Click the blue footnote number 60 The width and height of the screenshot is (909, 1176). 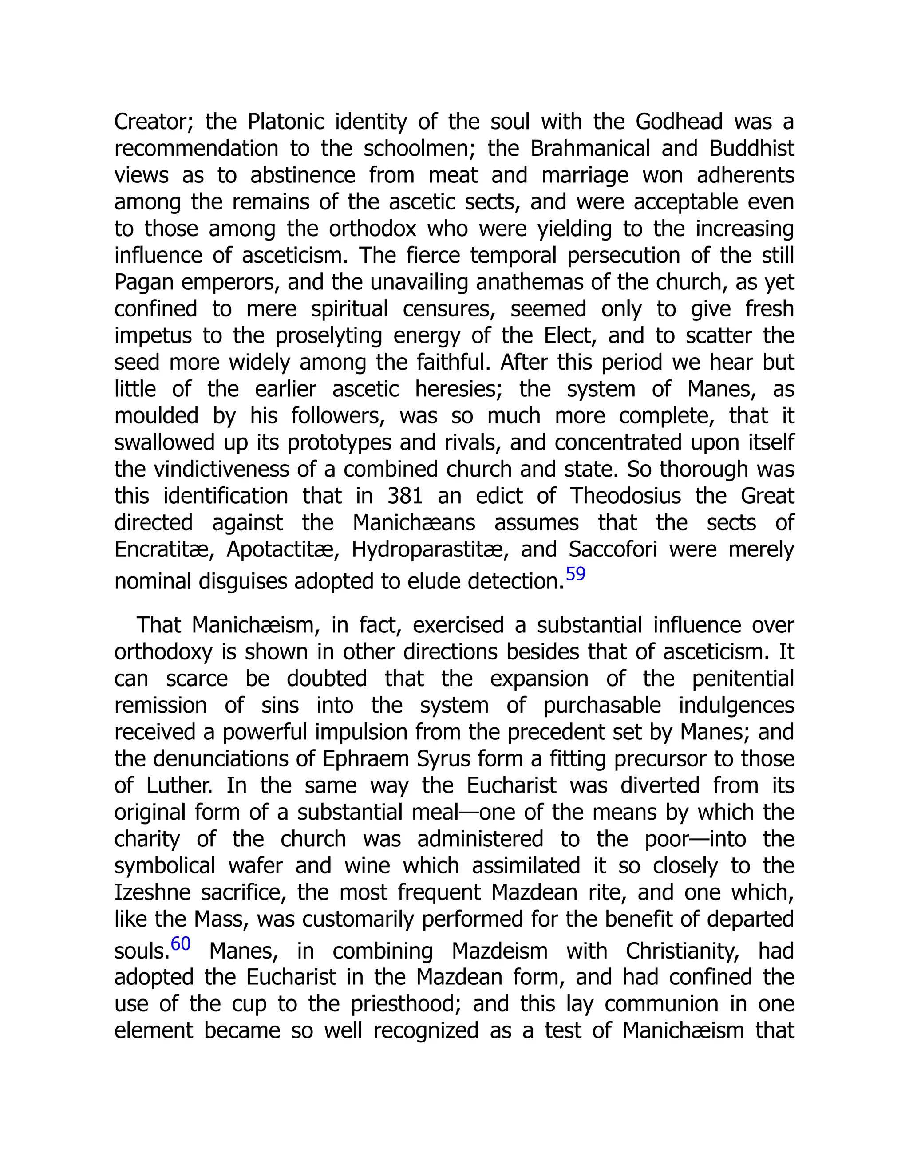point(180,944)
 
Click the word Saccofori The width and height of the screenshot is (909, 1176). point(612,550)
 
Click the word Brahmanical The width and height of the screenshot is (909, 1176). point(590,149)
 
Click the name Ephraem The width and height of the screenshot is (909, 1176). point(366,759)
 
